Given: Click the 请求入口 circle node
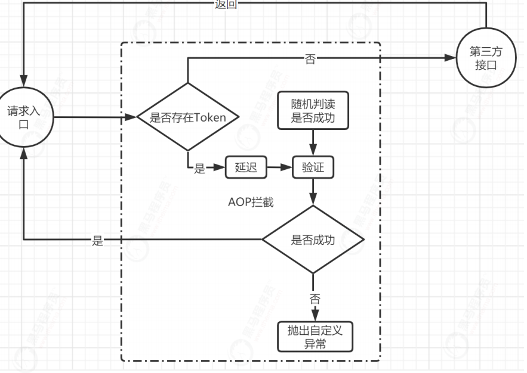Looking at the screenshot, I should click(24, 117).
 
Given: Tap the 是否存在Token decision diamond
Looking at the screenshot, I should click(188, 117).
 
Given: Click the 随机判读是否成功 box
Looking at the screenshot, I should click(313, 110).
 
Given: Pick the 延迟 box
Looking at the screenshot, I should click(245, 168).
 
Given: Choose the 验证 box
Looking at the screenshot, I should click(313, 168).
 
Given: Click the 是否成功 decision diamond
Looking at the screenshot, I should click(313, 240).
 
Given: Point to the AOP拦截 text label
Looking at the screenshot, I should click(251, 203).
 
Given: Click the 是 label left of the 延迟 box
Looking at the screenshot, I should click(199, 169).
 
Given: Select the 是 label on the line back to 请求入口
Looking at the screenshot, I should click(97, 241).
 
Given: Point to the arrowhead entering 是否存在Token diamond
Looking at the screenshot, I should click(132, 117).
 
